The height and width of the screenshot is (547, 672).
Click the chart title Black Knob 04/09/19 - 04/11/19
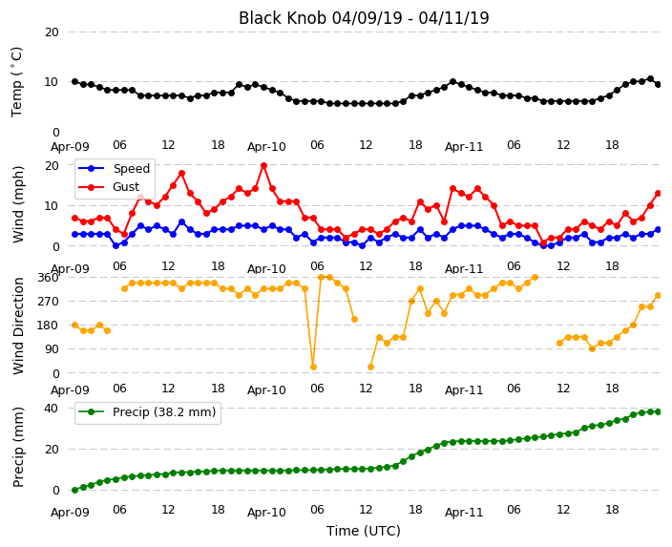click(364, 18)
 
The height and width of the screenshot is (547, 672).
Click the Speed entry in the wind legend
click(131, 168)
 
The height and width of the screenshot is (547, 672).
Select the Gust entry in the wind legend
click(126, 187)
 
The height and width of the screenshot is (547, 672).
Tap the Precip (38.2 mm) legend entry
click(164, 412)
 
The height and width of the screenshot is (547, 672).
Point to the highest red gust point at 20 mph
click(264, 165)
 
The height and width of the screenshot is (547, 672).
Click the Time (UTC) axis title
click(364, 531)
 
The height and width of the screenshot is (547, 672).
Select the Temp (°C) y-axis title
click(16, 82)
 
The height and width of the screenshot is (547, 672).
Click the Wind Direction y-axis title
click(18, 326)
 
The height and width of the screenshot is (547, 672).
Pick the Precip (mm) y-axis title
click(18, 447)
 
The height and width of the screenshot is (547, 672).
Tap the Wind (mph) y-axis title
click(18, 205)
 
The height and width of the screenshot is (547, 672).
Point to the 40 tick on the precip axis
click(52, 409)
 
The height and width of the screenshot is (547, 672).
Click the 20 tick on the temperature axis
click(52, 32)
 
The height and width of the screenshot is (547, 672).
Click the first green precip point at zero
click(75, 490)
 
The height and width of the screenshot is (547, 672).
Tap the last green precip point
click(659, 411)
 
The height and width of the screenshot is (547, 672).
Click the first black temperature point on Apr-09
click(75, 81)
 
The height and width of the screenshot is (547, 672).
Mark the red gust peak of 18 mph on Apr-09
click(181, 173)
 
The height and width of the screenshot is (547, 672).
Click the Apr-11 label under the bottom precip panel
click(464, 513)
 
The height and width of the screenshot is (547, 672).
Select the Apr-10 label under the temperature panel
click(266, 147)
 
